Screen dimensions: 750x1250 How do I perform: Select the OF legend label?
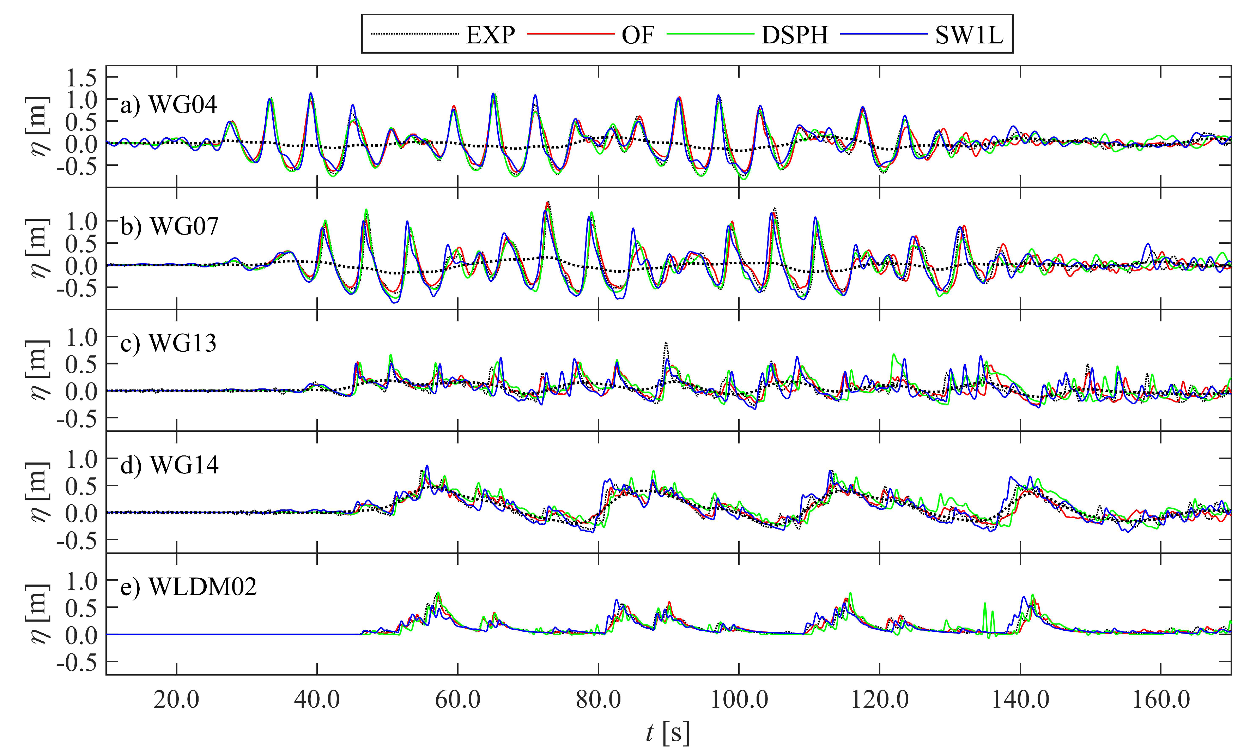pos(638,35)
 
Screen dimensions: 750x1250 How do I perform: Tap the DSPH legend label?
pos(795,35)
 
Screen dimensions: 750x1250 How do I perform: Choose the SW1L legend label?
pos(969,35)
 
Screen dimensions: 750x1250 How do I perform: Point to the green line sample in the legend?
pos(710,34)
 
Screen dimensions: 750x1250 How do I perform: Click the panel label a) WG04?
pos(169,105)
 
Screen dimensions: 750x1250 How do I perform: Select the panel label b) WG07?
pos(170,226)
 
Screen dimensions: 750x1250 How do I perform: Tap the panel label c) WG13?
pos(169,343)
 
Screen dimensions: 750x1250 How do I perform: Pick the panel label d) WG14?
pos(170,465)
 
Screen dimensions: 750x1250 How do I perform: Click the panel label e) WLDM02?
pos(188,587)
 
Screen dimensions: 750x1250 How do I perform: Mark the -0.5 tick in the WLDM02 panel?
pos(77,663)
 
